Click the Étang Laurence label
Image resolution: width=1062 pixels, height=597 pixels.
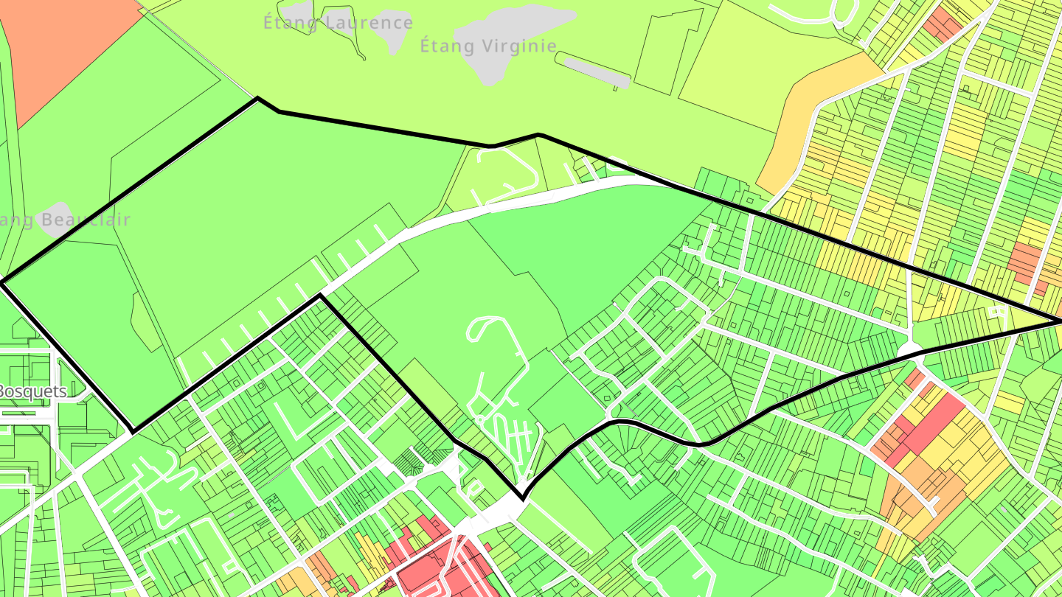point(338,23)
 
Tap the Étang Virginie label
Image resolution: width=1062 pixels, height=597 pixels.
point(488,46)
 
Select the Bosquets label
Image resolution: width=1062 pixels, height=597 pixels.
point(32,391)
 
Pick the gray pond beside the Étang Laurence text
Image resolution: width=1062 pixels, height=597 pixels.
point(390,29)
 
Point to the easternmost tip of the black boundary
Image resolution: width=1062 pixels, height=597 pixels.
point(1060,322)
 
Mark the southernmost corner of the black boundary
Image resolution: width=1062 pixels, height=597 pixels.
point(522,498)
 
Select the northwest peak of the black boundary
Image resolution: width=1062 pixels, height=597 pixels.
point(257,98)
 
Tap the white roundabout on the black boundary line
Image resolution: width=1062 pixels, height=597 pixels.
point(911,348)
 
